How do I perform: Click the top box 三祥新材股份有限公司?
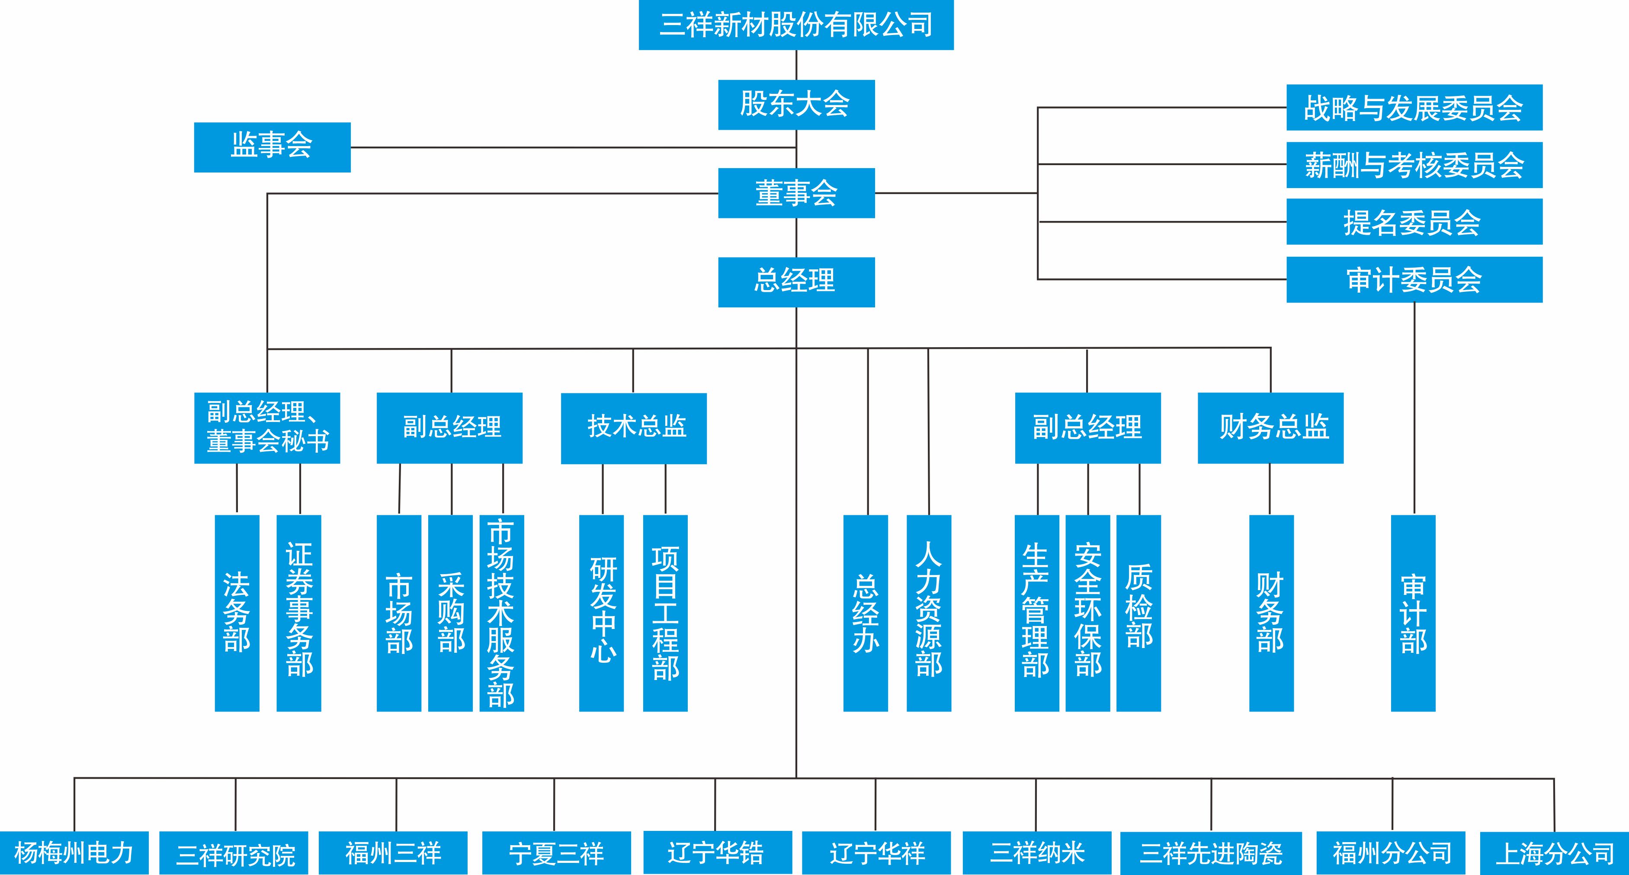pyautogui.click(x=795, y=25)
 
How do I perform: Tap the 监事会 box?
pyautogui.click(x=272, y=147)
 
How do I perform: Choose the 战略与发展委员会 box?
pyautogui.click(x=1414, y=108)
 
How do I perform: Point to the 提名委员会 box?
pyautogui.click(x=1414, y=222)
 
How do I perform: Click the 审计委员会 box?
pyautogui.click(x=1414, y=279)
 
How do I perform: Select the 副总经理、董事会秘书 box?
pyautogui.click(x=267, y=428)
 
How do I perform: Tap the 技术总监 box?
pyautogui.click(x=634, y=428)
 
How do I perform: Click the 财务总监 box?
pyautogui.click(x=1270, y=428)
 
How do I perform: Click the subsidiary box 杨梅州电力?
pyautogui.click(x=74, y=853)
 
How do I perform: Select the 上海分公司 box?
pyautogui.click(x=1554, y=853)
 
